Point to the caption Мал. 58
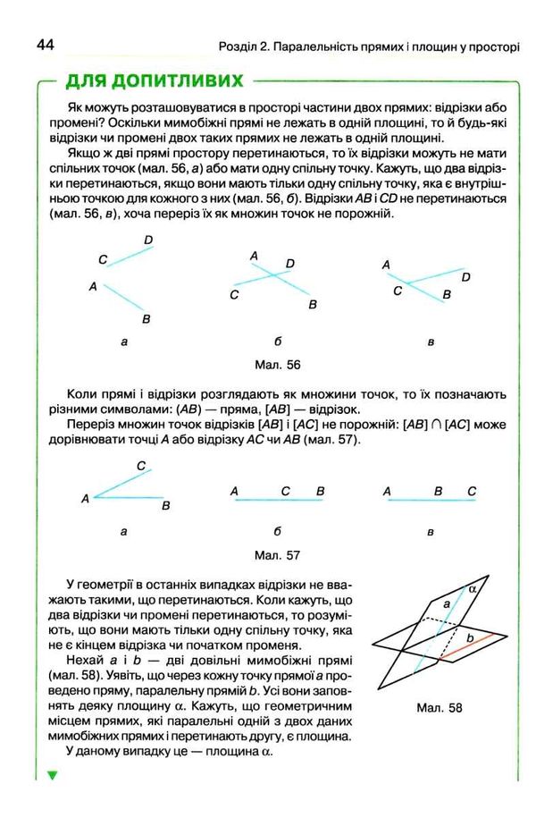click(439, 708)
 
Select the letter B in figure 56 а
click(146, 319)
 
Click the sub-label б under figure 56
click(278, 341)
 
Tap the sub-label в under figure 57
click(431, 532)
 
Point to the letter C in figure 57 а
click(141, 466)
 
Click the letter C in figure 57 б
click(285, 491)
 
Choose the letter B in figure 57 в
click(438, 491)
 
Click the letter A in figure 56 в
click(387, 265)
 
